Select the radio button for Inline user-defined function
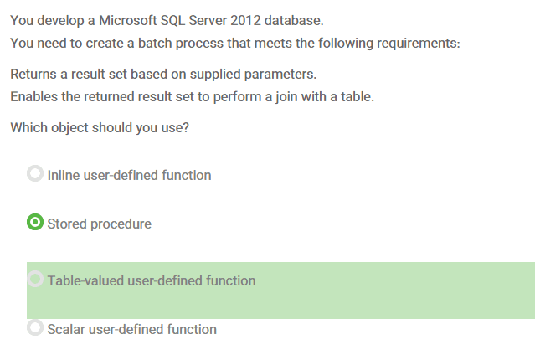(35, 173)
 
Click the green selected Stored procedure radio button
(35, 222)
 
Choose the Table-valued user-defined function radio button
(35, 279)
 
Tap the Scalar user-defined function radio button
(35, 327)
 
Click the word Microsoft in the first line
(127, 20)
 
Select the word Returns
(33, 74)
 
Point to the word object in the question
(69, 128)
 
